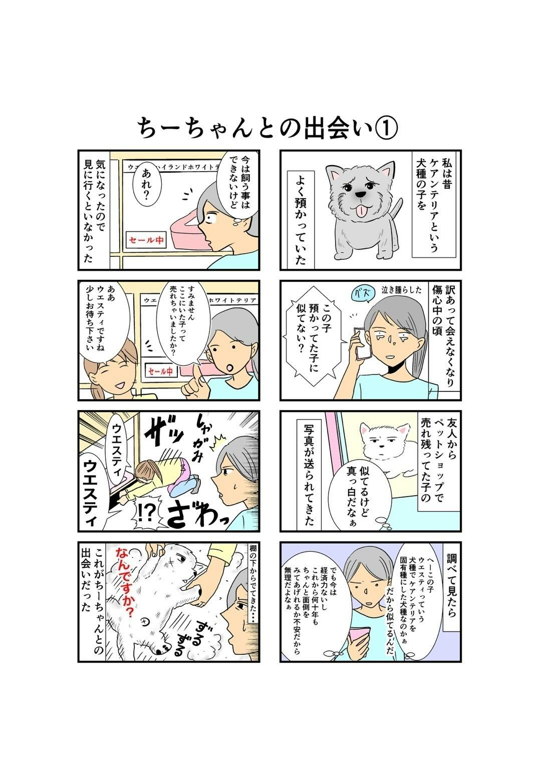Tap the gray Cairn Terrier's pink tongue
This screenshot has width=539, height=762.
tap(359, 211)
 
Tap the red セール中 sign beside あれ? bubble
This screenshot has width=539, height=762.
tap(146, 240)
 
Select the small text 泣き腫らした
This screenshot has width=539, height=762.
tap(401, 290)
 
